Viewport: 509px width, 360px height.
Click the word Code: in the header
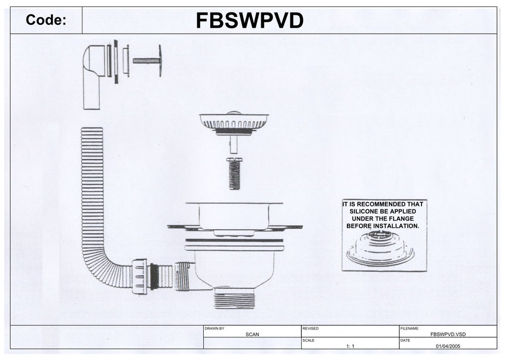[x=46, y=20]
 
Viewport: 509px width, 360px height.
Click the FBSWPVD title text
[x=249, y=21]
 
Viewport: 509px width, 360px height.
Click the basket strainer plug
[x=234, y=122]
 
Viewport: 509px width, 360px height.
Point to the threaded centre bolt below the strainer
[x=235, y=174]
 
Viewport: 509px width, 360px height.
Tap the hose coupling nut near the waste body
[x=140, y=276]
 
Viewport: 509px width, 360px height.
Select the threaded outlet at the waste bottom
[x=235, y=299]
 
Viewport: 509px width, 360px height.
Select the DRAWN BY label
[x=215, y=329]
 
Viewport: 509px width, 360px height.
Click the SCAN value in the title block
[x=252, y=335]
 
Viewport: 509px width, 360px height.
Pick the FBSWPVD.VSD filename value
[x=447, y=335]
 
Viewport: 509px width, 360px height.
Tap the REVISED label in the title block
[x=310, y=329]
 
